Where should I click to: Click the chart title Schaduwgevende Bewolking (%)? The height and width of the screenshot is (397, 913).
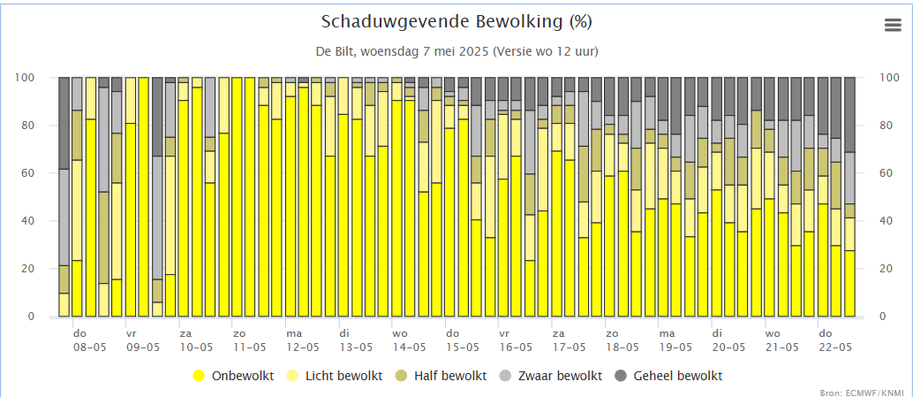click(x=456, y=21)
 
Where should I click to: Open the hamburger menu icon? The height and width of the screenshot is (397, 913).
click(x=893, y=26)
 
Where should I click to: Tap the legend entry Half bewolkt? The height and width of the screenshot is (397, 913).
click(x=449, y=376)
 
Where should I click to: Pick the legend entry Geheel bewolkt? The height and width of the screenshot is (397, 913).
click(x=677, y=376)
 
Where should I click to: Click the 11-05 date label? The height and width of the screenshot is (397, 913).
click(x=249, y=347)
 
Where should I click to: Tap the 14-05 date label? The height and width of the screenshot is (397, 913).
click(x=409, y=347)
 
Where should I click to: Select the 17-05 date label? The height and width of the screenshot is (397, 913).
click(x=569, y=347)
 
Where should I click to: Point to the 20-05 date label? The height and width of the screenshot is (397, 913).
click(x=728, y=347)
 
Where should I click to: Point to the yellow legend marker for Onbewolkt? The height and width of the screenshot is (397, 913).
click(x=199, y=376)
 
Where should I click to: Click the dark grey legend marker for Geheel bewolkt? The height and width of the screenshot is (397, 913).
click(x=621, y=376)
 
